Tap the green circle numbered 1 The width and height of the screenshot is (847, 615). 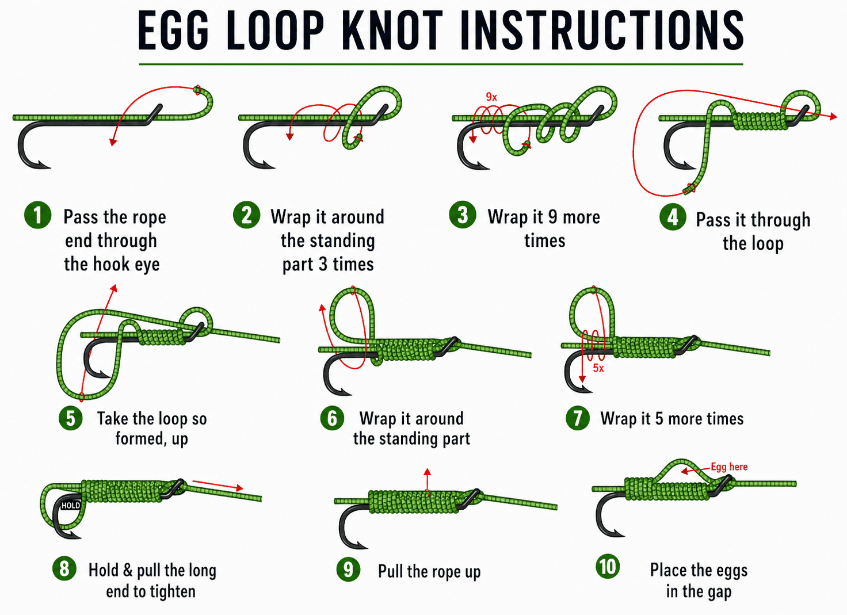[x=37, y=215]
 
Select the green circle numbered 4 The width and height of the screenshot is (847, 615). [x=672, y=217]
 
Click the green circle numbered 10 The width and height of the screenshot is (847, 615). [x=608, y=567]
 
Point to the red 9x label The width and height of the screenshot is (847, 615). [x=491, y=97]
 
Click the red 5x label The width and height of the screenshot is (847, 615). [x=598, y=368]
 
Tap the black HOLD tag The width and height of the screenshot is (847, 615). [x=71, y=506]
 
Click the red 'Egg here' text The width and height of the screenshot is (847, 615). [x=729, y=467]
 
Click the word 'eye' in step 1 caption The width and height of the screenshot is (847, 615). [x=147, y=264]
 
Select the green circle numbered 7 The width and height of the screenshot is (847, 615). [x=577, y=418]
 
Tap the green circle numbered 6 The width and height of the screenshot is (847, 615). [x=332, y=418]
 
